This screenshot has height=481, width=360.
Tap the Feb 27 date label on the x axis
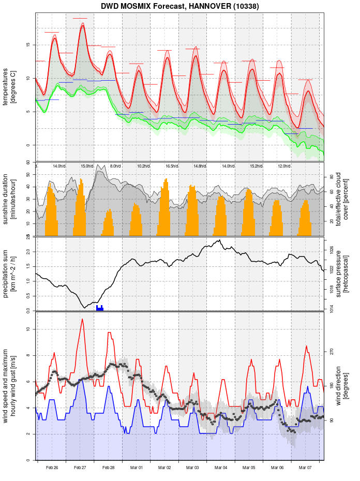pyautogui.click(x=80, y=468)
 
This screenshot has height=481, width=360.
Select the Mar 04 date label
pyautogui.click(x=221, y=468)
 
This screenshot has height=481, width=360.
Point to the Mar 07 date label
pyautogui.click(x=305, y=468)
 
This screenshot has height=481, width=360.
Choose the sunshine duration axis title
pyautogui.click(x=10, y=199)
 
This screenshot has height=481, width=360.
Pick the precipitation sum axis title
pyautogui.click(x=10, y=273)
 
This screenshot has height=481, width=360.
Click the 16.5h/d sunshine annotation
pyautogui.click(x=171, y=166)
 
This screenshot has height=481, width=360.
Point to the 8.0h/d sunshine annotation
pyautogui.click(x=115, y=166)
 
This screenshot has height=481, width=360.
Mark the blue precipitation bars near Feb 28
pyautogui.click(x=100, y=308)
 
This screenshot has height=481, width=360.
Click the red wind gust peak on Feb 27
pyautogui.click(x=82, y=320)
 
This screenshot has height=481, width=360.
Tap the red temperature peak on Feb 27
pyautogui.click(x=82, y=25)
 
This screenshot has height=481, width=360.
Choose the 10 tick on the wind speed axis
pyautogui.click(x=28, y=329)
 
